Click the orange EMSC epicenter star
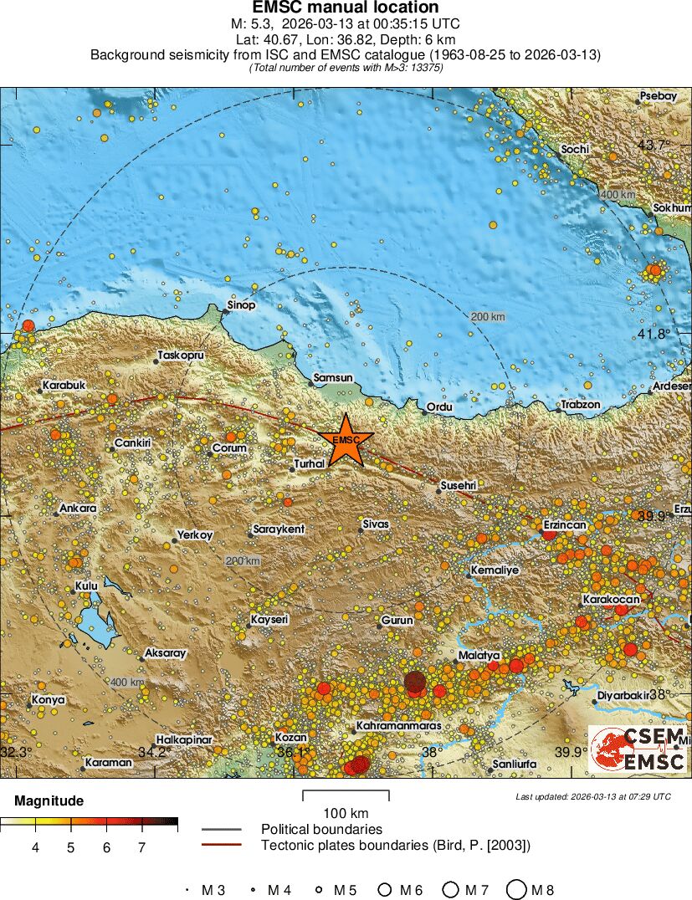point(346,440)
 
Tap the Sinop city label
point(241,305)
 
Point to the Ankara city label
point(77,508)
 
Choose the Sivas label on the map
point(376,524)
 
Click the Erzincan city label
point(565,524)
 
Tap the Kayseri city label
point(269,619)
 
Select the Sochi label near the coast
point(575,149)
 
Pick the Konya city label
point(48,699)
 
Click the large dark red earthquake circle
point(415,683)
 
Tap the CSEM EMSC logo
point(638,749)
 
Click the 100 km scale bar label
point(346,813)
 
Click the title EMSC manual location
point(346,8)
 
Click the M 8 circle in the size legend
point(516,890)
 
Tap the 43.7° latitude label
point(654,145)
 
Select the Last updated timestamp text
point(592,796)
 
